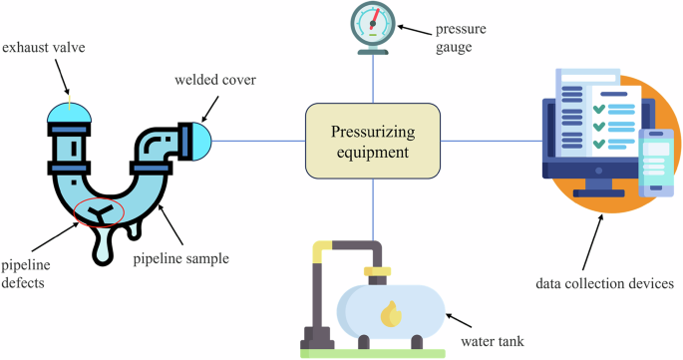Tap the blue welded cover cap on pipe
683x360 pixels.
200,140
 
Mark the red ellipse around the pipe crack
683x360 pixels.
99,212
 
